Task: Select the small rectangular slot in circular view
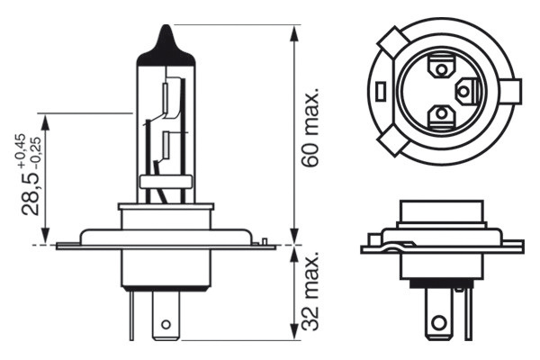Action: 382,90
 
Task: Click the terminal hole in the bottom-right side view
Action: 439,322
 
